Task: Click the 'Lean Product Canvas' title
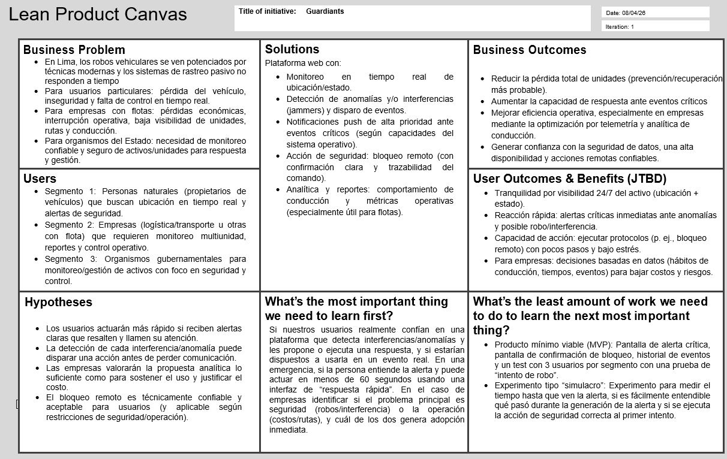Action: click(x=98, y=14)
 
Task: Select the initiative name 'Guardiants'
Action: click(x=325, y=11)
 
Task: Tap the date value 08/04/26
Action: click(x=633, y=13)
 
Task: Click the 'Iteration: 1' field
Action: click(x=620, y=26)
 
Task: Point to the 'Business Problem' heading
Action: click(x=74, y=50)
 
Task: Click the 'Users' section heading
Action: click(x=40, y=179)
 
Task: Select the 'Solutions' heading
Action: click(x=292, y=49)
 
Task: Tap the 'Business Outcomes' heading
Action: click(x=530, y=50)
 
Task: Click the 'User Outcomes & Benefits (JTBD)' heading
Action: click(x=569, y=179)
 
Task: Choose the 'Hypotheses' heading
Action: click(x=58, y=302)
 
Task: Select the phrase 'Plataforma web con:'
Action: click(x=302, y=63)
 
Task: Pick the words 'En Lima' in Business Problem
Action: click(x=58, y=62)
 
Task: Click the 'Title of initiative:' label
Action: click(x=267, y=11)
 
